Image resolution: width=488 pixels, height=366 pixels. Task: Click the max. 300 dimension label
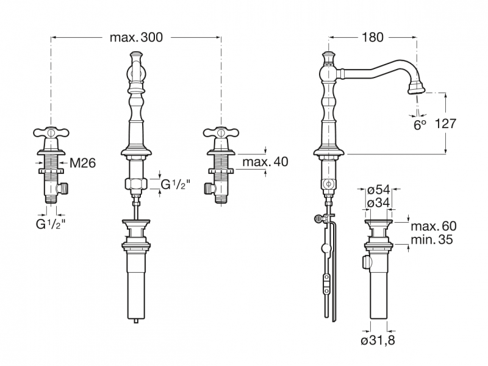pos(136,37)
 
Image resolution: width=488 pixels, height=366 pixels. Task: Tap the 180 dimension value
pos(372,37)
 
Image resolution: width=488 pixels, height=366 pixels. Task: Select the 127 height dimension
pos(445,124)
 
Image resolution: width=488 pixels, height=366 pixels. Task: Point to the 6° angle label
pos(420,125)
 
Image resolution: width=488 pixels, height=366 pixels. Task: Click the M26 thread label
pos(82,163)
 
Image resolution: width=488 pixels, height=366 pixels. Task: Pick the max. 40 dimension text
pos(265,162)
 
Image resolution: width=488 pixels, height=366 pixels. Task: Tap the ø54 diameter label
pos(378,189)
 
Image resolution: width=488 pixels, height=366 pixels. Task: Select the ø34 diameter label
pos(378,203)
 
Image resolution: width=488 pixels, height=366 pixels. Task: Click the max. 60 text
pos(434,226)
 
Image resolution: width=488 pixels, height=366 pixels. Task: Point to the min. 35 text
pos(432,240)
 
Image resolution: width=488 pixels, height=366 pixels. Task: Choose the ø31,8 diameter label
pos(378,340)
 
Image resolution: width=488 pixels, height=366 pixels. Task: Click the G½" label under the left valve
pos(51,224)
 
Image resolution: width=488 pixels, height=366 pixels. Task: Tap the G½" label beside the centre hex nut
pos(175,185)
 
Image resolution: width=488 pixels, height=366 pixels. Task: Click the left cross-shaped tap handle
pos(51,132)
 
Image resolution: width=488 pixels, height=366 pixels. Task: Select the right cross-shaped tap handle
pos(221,132)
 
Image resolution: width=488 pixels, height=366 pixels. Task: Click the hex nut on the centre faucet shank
pos(136,184)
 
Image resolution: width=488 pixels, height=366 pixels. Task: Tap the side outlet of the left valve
pos(64,188)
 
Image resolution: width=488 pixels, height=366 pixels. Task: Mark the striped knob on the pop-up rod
pos(318,219)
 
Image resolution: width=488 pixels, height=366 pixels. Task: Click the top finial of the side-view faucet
pos(329,57)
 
